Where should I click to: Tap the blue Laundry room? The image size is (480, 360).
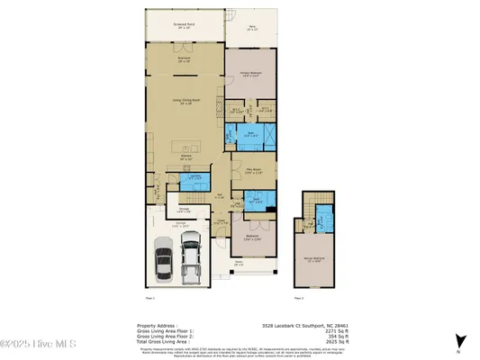pos(195,177)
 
